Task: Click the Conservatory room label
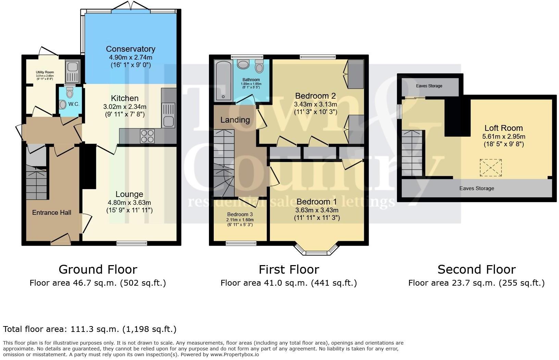click(x=131, y=49)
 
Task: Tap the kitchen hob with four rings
click(x=147, y=136)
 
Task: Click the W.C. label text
click(x=74, y=104)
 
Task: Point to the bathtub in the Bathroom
click(x=223, y=81)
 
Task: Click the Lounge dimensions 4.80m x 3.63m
click(x=129, y=202)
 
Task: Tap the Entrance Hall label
click(x=52, y=212)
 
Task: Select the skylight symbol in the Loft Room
click(x=490, y=167)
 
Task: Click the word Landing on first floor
click(x=235, y=120)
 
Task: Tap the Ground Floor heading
click(x=98, y=270)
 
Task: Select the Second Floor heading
click(x=476, y=270)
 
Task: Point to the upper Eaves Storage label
click(x=429, y=86)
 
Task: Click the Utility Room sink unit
click(x=72, y=72)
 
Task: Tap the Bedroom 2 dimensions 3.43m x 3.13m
click(x=315, y=104)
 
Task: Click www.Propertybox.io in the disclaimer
click(x=235, y=355)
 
